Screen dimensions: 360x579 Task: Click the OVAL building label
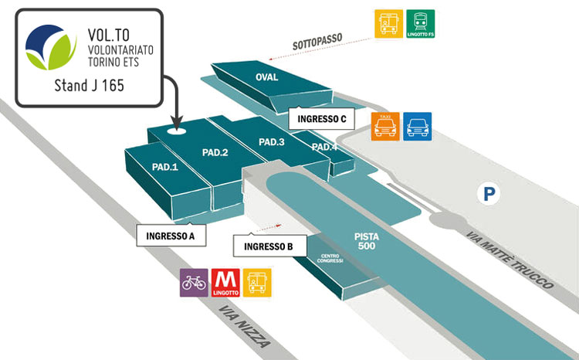266,77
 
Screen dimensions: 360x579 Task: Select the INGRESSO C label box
321,119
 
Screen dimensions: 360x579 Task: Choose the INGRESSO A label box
171,236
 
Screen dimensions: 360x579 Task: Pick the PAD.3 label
272,142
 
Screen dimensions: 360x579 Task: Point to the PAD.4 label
324,147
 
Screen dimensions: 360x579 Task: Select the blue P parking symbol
488,194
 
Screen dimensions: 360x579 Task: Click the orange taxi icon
385,126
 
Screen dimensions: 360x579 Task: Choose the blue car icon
418,126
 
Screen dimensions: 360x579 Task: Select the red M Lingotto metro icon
225,283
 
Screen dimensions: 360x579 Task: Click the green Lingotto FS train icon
420,23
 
